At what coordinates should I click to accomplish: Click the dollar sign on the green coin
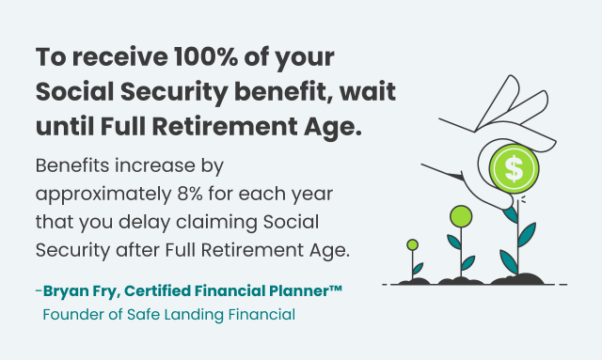point(514,169)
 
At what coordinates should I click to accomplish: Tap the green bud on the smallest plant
point(412,244)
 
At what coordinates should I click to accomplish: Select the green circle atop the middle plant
point(460,216)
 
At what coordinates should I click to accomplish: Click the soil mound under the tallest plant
point(515,279)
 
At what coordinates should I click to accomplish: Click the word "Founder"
point(72,314)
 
